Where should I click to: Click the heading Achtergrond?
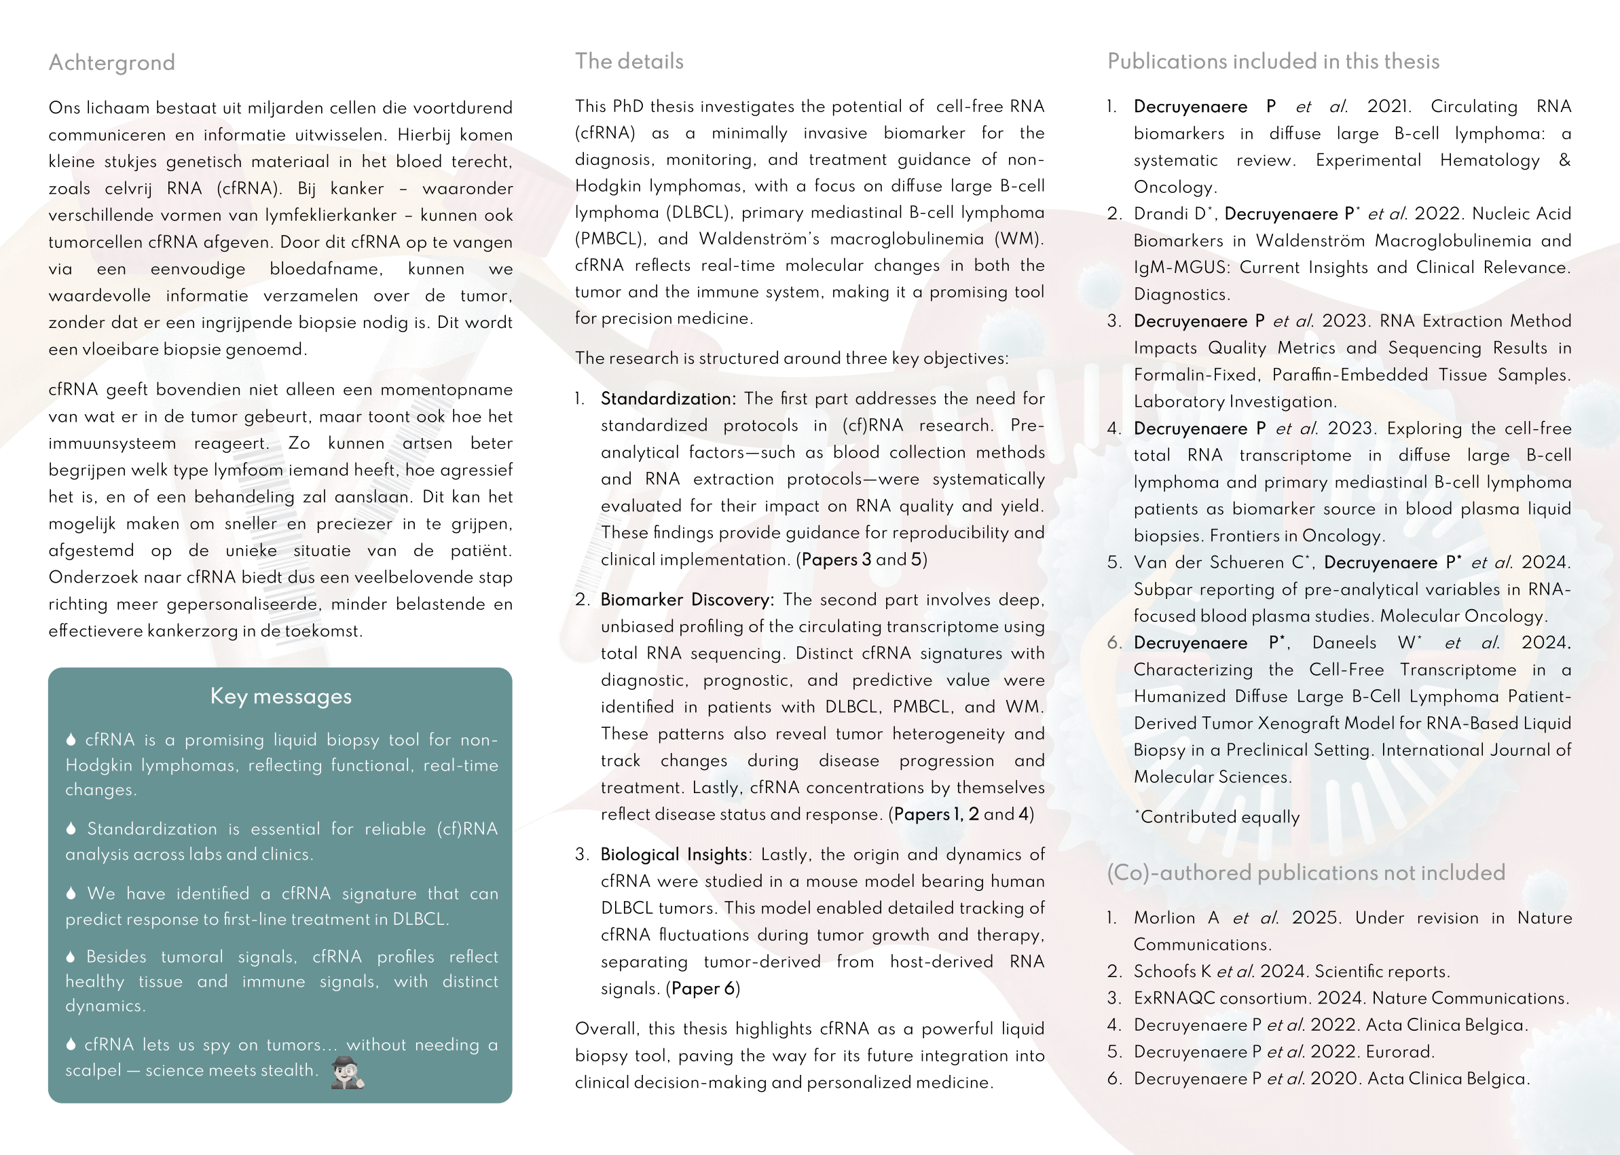click(111, 62)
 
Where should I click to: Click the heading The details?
click(629, 61)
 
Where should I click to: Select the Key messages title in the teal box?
click(280, 696)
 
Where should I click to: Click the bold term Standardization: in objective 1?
click(667, 399)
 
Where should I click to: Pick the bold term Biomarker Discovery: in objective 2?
click(686, 600)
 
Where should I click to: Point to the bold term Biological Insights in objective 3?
click(674, 854)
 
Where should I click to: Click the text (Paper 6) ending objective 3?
click(703, 989)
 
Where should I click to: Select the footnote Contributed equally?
click(1219, 817)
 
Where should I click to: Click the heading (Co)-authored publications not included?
click(1306, 873)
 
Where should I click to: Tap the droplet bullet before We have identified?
click(71, 894)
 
